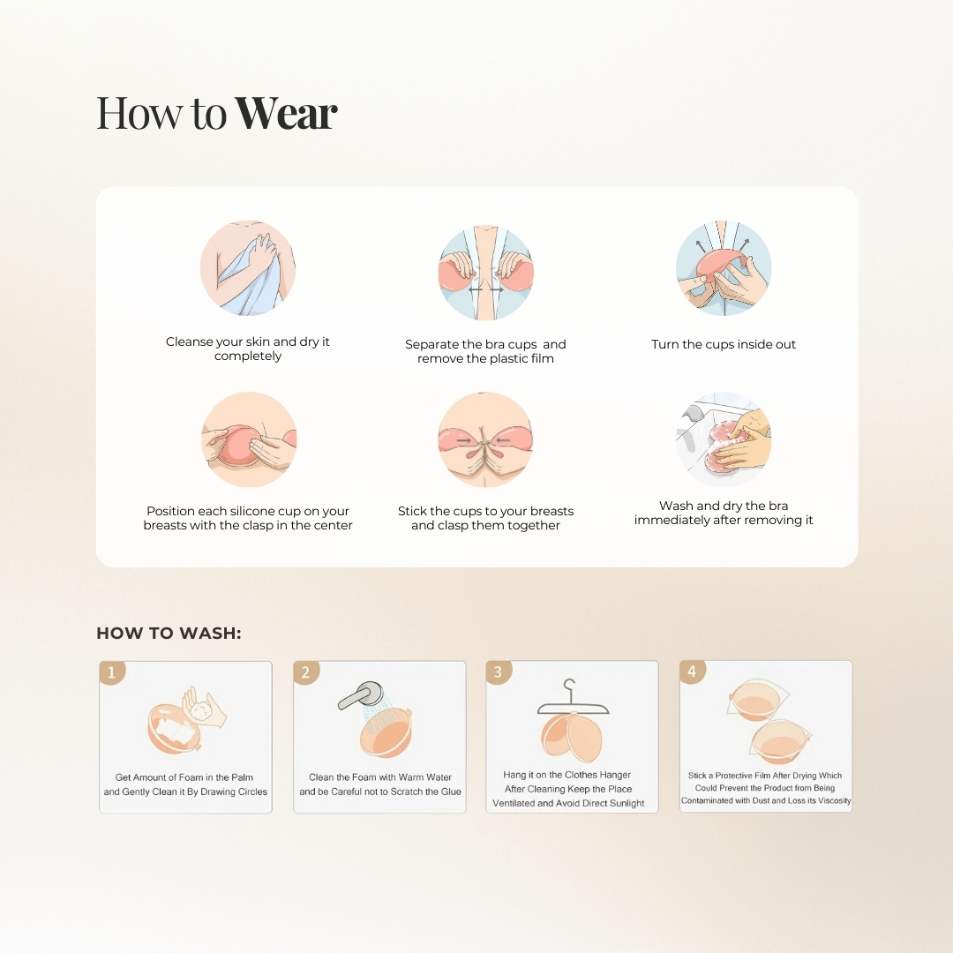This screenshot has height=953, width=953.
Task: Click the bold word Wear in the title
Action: [286, 112]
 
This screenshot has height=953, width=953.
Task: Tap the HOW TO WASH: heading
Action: [169, 634]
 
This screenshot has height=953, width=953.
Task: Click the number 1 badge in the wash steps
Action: [112, 672]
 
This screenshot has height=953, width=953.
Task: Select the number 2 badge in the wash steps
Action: [305, 672]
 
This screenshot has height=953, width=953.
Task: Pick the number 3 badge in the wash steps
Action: [499, 672]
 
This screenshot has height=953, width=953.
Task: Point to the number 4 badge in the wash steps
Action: [692, 672]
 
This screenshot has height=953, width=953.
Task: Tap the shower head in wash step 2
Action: [360, 695]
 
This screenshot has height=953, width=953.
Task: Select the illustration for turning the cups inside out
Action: [724, 268]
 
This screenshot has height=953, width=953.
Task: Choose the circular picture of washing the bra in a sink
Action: [724, 439]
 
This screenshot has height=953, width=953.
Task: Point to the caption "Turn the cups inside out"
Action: [724, 345]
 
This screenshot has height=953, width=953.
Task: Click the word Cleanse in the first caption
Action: [189, 341]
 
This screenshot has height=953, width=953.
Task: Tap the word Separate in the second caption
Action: [431, 345]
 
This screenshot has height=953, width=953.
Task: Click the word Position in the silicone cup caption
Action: [170, 511]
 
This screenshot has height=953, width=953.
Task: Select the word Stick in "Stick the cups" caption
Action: [412, 511]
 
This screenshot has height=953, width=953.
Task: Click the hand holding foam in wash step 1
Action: [205, 707]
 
